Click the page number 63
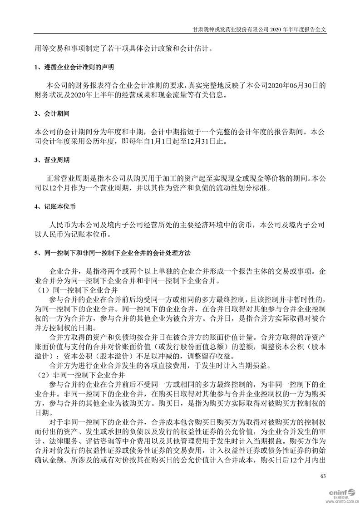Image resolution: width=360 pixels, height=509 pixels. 323,476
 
